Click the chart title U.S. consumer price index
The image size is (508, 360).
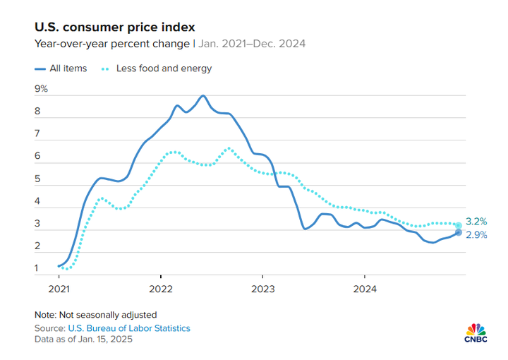[x=115, y=27]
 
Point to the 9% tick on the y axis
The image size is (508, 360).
[x=41, y=89]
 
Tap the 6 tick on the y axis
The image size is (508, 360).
[x=37, y=157]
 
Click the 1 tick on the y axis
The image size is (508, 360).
[x=37, y=268]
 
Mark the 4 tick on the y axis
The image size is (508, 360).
[x=37, y=201]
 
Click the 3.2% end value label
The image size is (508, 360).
[x=476, y=222]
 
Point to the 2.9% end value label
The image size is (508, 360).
[x=476, y=234]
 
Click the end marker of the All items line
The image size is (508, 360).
[x=459, y=232]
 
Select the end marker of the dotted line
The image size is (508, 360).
[x=459, y=225]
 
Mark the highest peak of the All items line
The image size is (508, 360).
[x=203, y=95]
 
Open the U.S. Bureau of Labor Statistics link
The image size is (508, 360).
[x=129, y=328]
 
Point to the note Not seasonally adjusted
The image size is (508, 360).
[x=95, y=315]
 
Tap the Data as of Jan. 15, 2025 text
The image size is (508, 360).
[x=83, y=340]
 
